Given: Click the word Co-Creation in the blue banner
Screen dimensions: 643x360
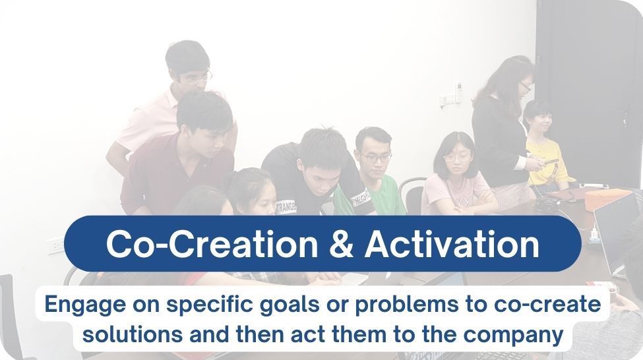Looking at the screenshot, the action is click(212, 244).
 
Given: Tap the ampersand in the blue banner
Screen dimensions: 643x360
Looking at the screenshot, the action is click(341, 244).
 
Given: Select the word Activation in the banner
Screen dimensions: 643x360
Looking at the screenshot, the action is click(452, 244).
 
